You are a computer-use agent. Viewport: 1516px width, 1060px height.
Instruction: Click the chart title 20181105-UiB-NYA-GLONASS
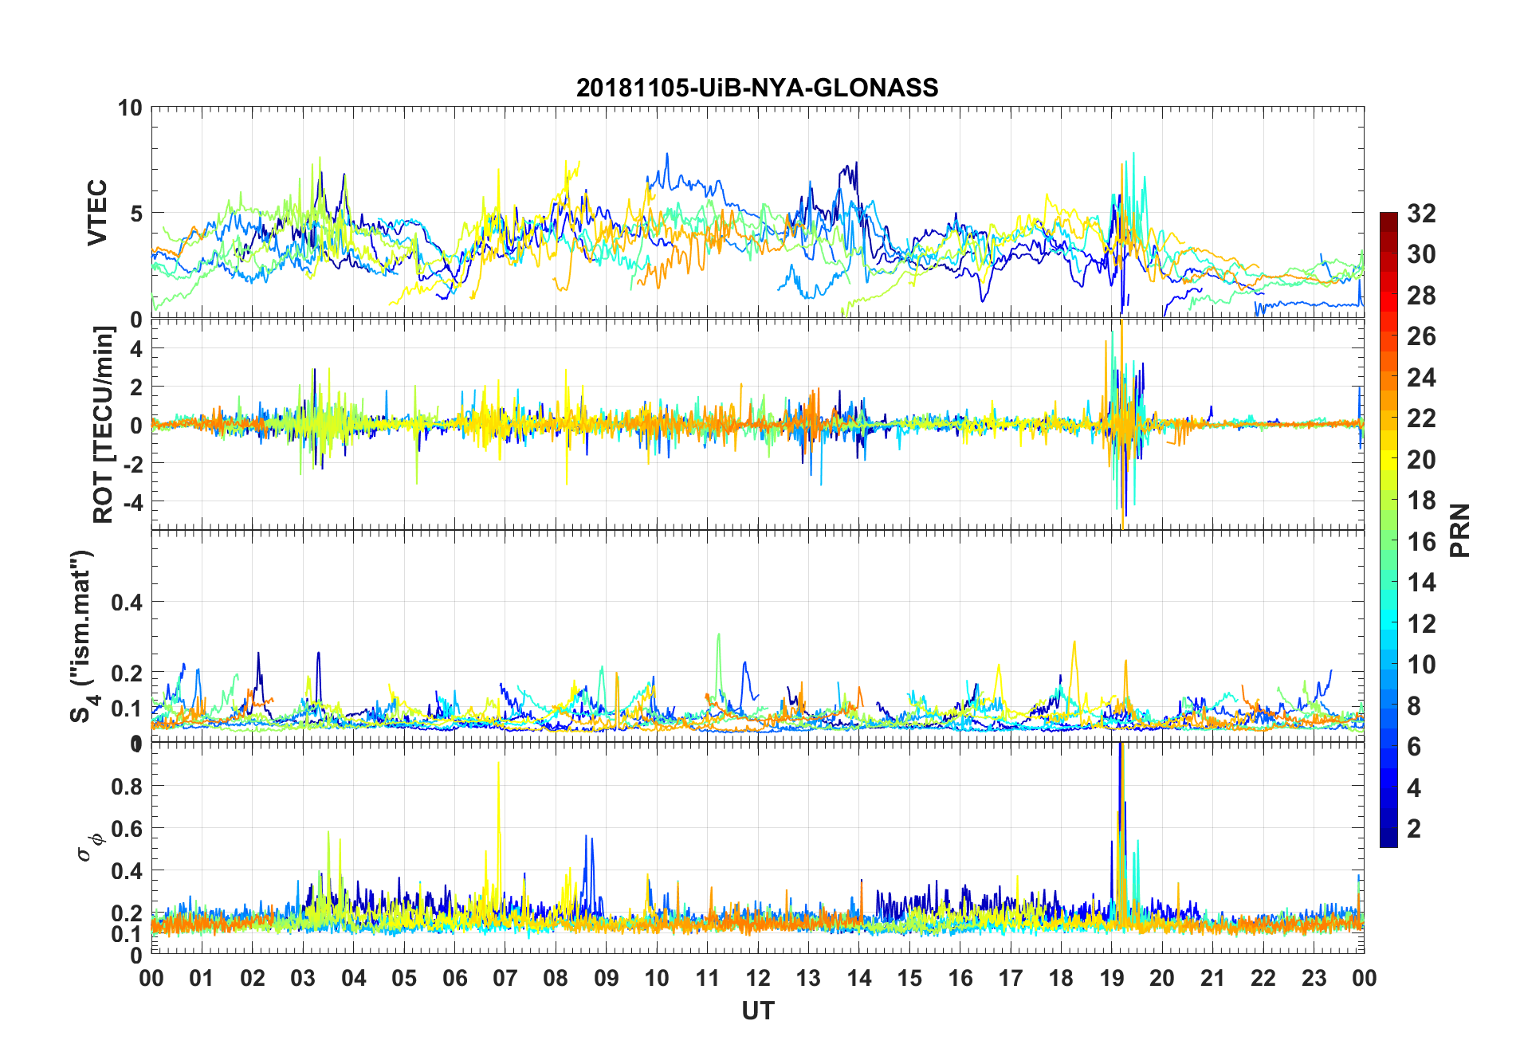[757, 88]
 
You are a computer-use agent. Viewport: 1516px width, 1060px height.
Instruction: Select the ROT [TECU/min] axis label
[104, 424]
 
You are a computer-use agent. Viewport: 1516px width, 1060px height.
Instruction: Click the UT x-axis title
[757, 1011]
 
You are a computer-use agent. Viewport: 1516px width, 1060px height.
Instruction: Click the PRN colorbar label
[1459, 530]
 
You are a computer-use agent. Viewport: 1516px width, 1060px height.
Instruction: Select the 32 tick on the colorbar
[1421, 214]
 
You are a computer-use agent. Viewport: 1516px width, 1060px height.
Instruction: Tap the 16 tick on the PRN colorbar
[1421, 542]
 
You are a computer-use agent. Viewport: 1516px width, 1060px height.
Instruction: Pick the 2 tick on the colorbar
[1414, 829]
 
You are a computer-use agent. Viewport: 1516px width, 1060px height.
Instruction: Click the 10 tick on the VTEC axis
[130, 108]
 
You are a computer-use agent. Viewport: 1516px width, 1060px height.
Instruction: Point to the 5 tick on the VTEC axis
[135, 214]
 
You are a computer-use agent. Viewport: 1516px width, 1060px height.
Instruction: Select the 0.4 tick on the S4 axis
[127, 603]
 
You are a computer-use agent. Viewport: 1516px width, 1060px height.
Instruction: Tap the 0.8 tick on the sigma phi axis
[127, 786]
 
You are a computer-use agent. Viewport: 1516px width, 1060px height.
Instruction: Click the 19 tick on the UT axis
[1111, 979]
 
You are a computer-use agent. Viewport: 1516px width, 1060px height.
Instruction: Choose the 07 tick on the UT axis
[505, 979]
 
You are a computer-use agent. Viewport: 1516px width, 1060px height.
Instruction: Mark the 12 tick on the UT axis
[757, 979]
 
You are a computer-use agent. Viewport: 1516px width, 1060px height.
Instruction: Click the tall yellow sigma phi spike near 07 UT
[499, 765]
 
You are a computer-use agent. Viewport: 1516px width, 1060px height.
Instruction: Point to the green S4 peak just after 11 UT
[718, 636]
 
